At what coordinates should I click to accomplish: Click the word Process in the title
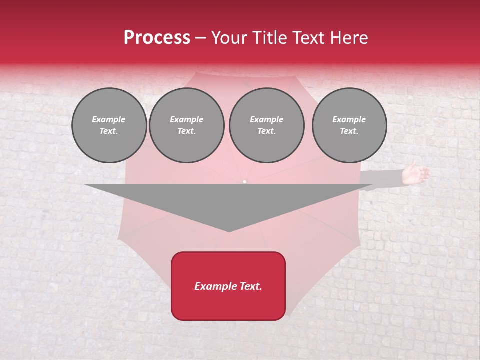pyautogui.click(x=157, y=38)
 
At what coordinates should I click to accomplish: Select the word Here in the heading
pyautogui.click(x=349, y=38)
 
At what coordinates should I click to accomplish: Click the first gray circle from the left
pyautogui.click(x=109, y=125)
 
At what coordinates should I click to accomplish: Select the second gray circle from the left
pyautogui.click(x=187, y=125)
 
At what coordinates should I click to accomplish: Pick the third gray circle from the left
pyautogui.click(x=267, y=125)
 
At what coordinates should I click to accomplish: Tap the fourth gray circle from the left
pyautogui.click(x=349, y=125)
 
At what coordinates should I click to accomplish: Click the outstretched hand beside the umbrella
pyautogui.click(x=417, y=173)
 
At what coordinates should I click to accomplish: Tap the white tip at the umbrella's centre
pyautogui.click(x=244, y=181)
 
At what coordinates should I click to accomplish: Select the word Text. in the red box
pyautogui.click(x=250, y=286)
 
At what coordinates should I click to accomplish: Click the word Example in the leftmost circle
pyautogui.click(x=109, y=119)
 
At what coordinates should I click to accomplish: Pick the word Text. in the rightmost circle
pyautogui.click(x=349, y=131)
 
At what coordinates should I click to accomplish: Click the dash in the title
pyautogui.click(x=200, y=38)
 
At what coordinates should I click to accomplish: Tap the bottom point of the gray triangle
pyautogui.click(x=229, y=231)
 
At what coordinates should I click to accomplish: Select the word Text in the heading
pyautogui.click(x=310, y=38)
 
